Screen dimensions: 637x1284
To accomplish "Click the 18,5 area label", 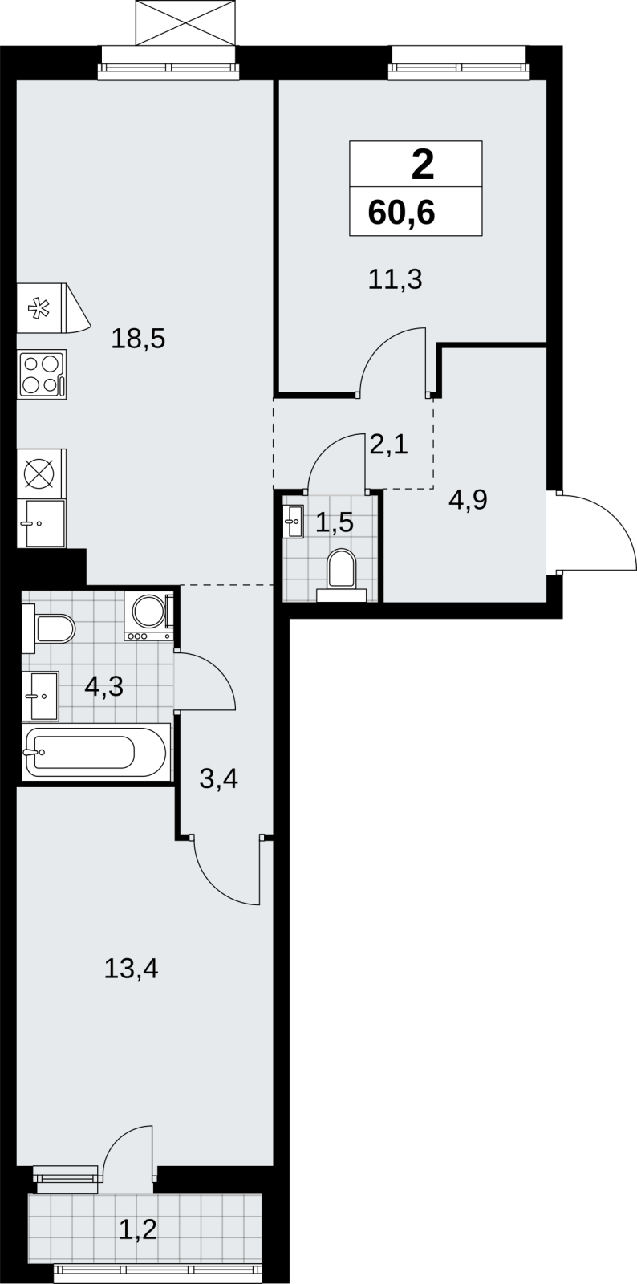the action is [x=138, y=339].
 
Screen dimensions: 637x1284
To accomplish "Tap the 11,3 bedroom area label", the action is [x=396, y=280].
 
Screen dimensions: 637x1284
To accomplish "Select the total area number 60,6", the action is [x=402, y=213].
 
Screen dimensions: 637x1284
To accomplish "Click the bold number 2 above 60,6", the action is [x=423, y=165].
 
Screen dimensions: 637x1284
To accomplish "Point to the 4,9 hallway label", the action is [x=468, y=501].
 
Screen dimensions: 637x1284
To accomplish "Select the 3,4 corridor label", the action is [x=218, y=779].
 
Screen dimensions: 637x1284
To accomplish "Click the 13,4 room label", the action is [x=132, y=969].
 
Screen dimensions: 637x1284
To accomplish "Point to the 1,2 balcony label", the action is [x=138, y=1229].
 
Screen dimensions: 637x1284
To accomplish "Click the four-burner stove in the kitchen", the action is [x=42, y=374].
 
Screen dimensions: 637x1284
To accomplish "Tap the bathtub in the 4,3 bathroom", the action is [x=96, y=752].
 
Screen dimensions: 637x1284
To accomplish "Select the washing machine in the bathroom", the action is [x=149, y=616].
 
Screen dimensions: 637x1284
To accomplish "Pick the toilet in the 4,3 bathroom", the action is [x=49, y=628].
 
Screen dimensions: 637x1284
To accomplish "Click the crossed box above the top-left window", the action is [x=185, y=23].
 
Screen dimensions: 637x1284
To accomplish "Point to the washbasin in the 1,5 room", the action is [x=294, y=522].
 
